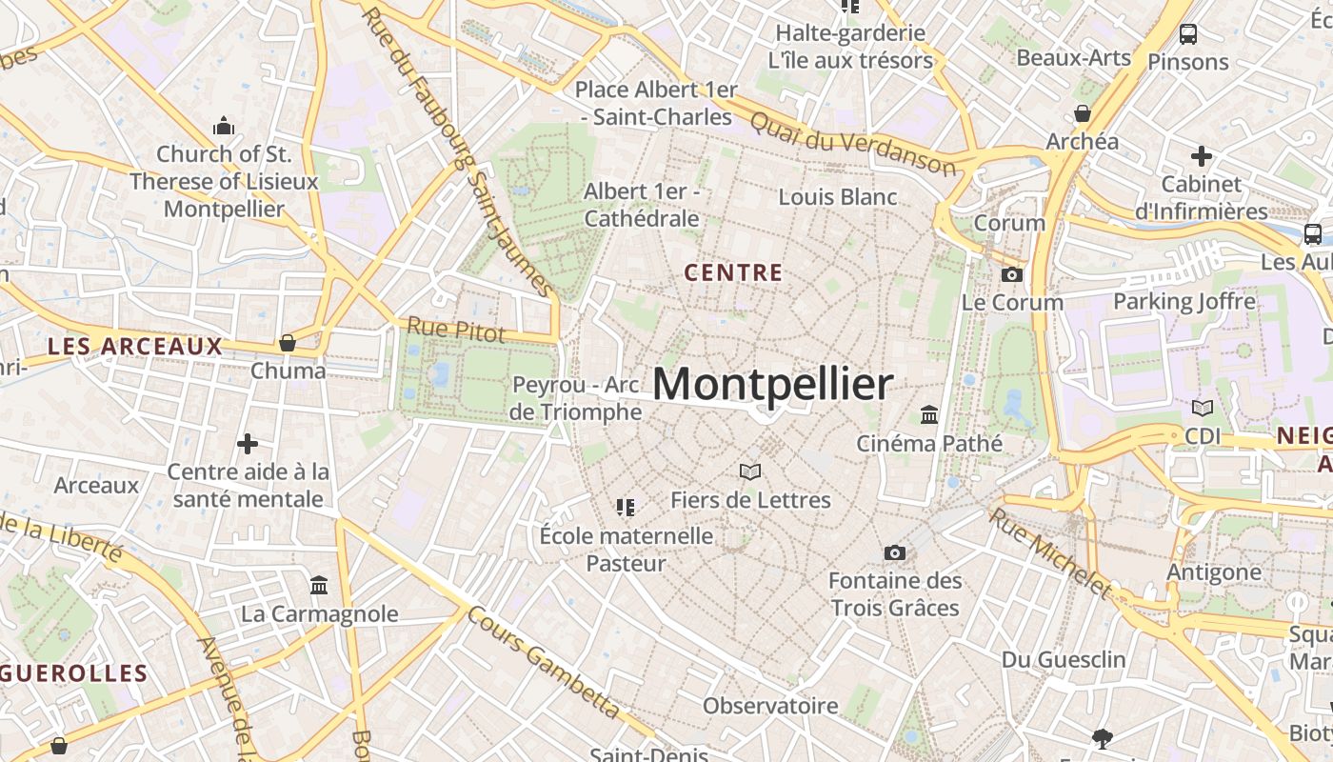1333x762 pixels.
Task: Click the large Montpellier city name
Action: (x=772, y=385)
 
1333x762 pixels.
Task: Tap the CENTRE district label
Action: (x=733, y=273)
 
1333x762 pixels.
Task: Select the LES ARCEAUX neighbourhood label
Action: (x=134, y=347)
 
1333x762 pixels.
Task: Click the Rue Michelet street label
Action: (x=1049, y=553)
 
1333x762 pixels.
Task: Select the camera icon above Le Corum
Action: (x=1012, y=275)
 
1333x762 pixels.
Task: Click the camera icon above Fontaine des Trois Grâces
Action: (x=894, y=552)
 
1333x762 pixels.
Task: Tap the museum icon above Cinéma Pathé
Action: (x=929, y=415)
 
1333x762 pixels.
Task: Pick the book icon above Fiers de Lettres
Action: (x=750, y=471)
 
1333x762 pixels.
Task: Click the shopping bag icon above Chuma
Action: (x=288, y=343)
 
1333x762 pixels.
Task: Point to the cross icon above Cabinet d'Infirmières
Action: (x=1202, y=155)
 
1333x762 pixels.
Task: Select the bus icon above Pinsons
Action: (x=1188, y=34)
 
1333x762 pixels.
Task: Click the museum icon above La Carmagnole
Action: (x=319, y=585)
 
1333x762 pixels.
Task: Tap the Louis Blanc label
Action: (x=838, y=197)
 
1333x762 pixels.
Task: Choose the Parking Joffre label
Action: (x=1184, y=302)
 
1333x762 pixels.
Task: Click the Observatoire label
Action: (x=770, y=706)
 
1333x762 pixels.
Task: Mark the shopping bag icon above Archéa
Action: (x=1083, y=113)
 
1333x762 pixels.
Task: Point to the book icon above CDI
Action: (x=1203, y=408)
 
